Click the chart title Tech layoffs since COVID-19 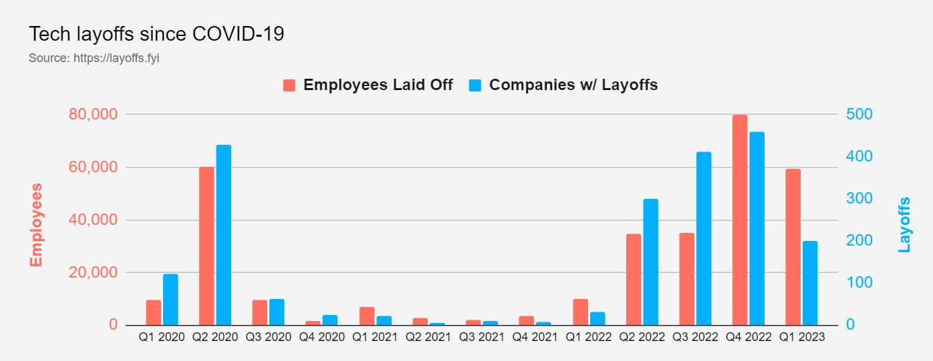point(156,34)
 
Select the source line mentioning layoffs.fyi point(94,58)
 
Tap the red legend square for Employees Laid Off point(289,85)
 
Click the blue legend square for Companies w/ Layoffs point(475,85)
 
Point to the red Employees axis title point(36,225)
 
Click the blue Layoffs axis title point(904,224)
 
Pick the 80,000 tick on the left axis point(93,115)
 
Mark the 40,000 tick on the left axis point(93,220)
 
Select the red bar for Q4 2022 point(740,220)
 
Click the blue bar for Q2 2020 point(223,235)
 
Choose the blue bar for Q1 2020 point(170,300)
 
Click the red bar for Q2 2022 point(634,280)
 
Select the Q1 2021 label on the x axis point(375,338)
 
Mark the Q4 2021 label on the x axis point(535,338)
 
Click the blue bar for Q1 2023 point(810,283)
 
